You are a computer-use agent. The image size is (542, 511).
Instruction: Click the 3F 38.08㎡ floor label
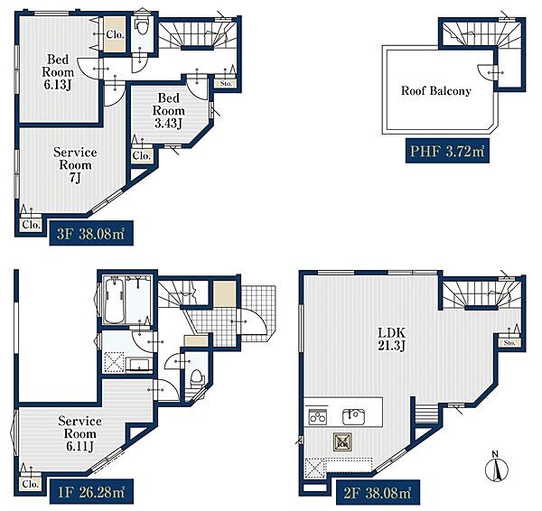(91, 234)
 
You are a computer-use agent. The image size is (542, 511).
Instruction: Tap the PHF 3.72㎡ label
(447, 151)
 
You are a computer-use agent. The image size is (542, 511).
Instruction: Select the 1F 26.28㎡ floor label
(91, 492)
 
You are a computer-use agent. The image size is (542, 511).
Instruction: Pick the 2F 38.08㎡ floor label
(378, 492)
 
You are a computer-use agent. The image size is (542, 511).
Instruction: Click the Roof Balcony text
(436, 91)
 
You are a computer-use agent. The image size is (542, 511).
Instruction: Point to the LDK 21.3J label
(392, 339)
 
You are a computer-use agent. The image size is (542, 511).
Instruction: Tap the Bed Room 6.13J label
(58, 72)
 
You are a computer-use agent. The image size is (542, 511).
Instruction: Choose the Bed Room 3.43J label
(168, 110)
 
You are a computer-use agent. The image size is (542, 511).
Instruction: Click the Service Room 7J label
(75, 165)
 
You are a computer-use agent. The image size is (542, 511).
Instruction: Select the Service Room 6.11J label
(79, 433)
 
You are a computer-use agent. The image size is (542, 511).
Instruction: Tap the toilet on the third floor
(142, 25)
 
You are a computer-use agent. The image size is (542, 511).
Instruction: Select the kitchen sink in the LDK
(353, 417)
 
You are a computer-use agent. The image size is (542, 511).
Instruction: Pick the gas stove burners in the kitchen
(318, 417)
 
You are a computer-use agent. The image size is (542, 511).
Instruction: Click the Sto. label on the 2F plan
(509, 343)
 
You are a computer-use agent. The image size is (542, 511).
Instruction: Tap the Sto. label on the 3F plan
(226, 83)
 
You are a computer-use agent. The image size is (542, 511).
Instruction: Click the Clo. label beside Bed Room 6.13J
(115, 34)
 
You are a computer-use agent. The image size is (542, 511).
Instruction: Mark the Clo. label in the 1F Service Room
(31, 484)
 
